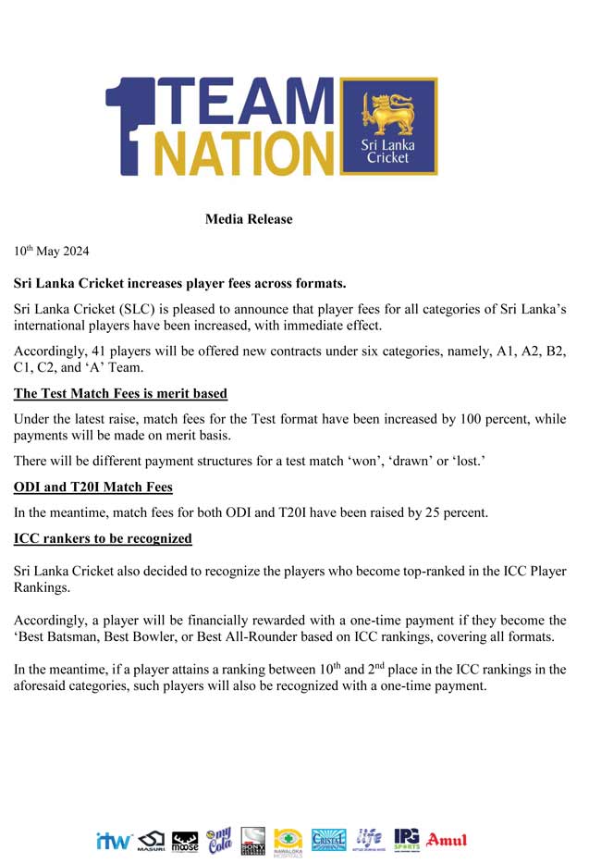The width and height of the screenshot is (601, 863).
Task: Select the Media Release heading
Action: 249,219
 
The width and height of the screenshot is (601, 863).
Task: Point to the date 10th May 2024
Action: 52,251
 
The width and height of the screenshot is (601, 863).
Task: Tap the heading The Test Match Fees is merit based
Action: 120,393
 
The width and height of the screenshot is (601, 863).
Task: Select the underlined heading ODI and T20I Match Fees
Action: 93,487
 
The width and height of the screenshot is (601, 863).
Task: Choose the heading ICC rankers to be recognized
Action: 103,537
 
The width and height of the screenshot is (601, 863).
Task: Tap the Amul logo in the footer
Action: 447,840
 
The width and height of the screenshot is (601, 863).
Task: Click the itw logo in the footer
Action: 114,841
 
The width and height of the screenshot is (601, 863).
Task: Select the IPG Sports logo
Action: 407,839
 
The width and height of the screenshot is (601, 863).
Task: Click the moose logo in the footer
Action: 185,841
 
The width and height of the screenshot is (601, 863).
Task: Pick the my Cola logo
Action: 219,840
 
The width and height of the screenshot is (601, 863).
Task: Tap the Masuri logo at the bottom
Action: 151,840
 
